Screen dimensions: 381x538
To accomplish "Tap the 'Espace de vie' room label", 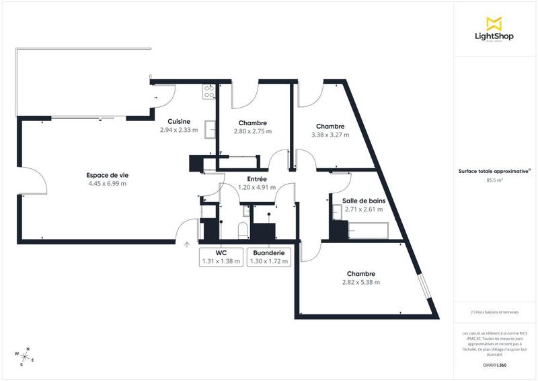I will click(107, 174).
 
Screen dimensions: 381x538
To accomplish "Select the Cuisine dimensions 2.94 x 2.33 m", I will click(179, 130).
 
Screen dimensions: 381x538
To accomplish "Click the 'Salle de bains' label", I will click(362, 201).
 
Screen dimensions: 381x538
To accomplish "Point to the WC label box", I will click(221, 256).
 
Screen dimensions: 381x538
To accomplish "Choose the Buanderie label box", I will click(268, 256).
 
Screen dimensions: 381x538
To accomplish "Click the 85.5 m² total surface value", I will click(494, 180).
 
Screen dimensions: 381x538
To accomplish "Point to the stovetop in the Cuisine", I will click(208, 92).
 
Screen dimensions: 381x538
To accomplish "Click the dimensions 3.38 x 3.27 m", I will click(330, 135).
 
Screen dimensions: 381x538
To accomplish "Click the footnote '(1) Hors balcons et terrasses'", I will click(494, 312).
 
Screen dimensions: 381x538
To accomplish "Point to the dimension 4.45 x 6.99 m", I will click(107, 183).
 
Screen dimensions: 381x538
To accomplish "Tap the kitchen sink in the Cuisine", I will click(210, 128).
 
